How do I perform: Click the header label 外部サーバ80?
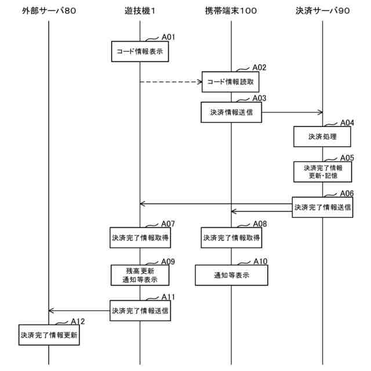tap(48, 11)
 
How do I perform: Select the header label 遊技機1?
tap(140, 11)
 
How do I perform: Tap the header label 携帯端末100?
tap(231, 11)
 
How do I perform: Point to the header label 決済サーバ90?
tap(322, 11)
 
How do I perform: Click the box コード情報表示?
tap(140, 52)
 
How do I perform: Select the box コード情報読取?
tap(231, 82)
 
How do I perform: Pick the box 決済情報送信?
tap(231, 112)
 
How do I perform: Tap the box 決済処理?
tap(322, 137)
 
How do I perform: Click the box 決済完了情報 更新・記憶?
tap(322, 172)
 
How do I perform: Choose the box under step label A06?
tap(322, 207)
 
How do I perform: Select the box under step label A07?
tap(140, 237)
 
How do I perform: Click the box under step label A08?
tap(231, 237)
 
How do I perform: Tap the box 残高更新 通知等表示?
tap(140, 275)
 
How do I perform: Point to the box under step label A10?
tap(231, 275)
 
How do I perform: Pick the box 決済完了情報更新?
tap(49, 335)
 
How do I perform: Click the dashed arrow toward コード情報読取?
tap(170, 82)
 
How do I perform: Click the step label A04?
tap(347, 122)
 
